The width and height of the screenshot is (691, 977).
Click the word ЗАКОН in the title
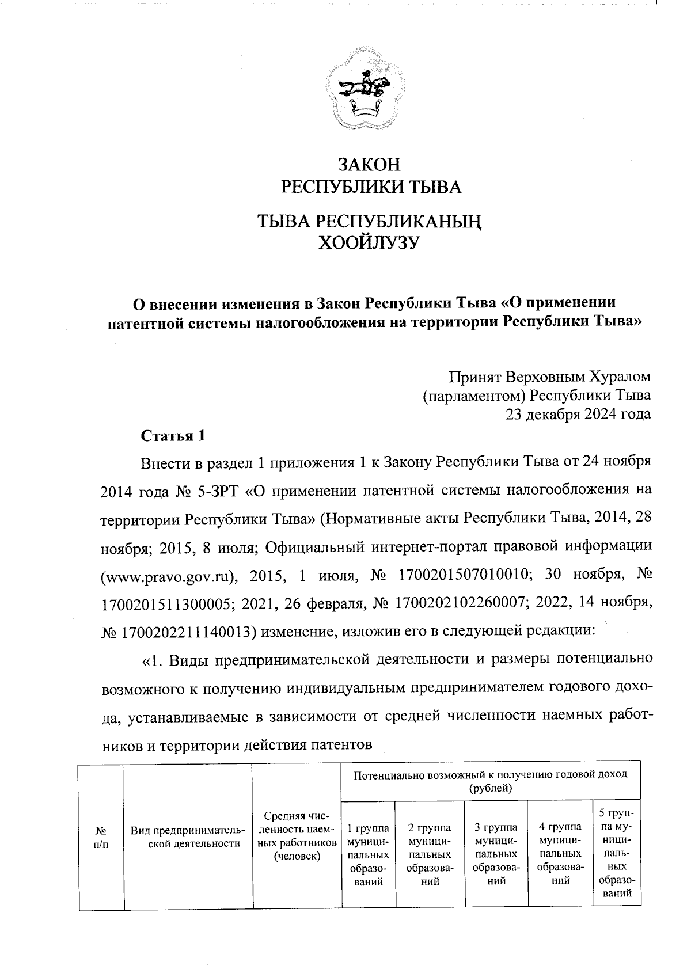click(369, 165)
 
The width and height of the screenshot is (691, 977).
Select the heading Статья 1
click(173, 435)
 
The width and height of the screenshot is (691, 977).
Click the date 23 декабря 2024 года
click(578, 414)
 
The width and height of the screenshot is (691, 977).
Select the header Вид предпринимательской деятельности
click(188, 837)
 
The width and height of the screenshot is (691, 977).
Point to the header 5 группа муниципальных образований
click(616, 853)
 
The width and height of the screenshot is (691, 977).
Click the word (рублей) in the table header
click(491, 788)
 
